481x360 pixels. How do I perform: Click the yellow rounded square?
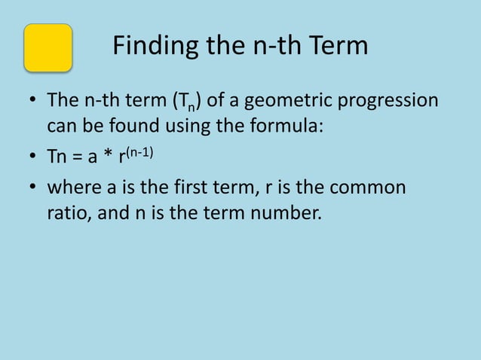[x=48, y=47]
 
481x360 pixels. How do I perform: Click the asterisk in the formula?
[x=110, y=156]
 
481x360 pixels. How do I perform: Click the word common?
[x=369, y=187]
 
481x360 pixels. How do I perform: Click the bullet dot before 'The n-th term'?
[x=32, y=100]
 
